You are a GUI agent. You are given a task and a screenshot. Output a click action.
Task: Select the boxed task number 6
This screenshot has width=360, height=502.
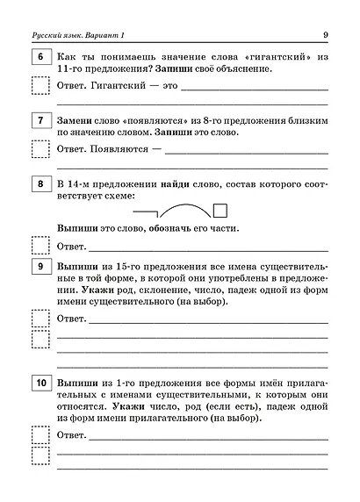click(40, 56)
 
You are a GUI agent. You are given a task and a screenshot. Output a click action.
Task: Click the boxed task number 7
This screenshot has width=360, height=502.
click(40, 118)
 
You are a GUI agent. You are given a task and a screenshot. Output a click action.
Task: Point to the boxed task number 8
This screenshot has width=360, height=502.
click(40, 183)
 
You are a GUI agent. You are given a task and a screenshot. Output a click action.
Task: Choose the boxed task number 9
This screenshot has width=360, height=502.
click(40, 266)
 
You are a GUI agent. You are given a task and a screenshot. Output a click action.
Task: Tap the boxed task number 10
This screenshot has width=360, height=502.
click(40, 384)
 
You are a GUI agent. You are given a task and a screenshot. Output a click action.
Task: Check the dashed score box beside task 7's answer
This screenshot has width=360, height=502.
click(40, 148)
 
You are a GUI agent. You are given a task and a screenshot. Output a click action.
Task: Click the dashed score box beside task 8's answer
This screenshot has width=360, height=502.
click(40, 245)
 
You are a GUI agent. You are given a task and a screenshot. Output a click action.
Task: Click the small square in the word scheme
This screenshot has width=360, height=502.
click(220, 209)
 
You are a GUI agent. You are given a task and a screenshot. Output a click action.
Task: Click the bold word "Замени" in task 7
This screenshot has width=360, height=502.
click(76, 118)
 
